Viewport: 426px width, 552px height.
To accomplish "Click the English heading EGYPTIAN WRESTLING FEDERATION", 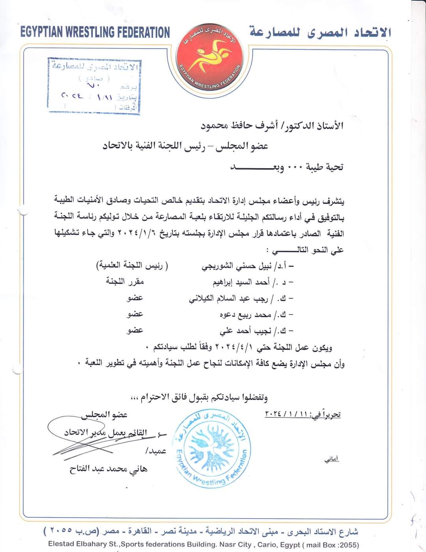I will pos(95,32).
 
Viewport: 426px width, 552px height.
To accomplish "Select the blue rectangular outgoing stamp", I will pos(94,85).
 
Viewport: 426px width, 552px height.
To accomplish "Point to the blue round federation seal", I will pos(212,447).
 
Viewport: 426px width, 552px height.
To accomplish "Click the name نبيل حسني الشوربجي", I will pos(236,267).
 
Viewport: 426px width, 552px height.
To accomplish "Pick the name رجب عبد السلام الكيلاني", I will pos(229,299).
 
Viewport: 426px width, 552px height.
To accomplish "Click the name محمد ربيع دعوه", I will pos(245,315).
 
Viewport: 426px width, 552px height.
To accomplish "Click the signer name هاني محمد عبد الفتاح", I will pos(108,469).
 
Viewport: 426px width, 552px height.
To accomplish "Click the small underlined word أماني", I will pos(331,460).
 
